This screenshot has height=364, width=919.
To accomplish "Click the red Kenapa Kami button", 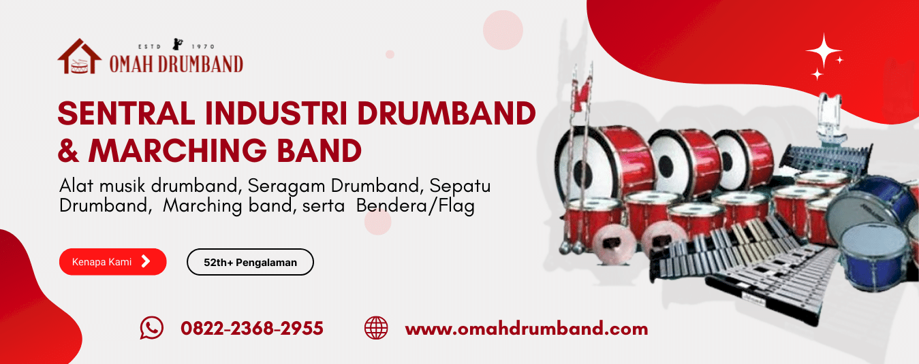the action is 113,261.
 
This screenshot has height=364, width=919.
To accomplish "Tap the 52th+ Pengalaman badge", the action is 250,262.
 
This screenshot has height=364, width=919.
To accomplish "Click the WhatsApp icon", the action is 151,328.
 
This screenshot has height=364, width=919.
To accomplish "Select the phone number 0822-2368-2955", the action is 252,329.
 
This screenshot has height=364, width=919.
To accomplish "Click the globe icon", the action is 376,328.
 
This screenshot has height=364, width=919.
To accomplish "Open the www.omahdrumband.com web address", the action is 527,329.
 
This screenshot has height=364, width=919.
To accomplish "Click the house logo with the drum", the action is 80,56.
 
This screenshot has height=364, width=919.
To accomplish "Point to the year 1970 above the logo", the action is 204,47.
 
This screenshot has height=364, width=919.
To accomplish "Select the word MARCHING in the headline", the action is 178,150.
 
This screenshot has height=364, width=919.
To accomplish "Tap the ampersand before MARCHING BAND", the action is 68,151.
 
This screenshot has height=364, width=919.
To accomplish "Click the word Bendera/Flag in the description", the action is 415,205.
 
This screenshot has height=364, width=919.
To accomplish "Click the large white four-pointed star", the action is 824,51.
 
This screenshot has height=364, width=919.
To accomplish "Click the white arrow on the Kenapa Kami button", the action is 146,261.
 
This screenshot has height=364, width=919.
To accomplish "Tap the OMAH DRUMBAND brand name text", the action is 176,64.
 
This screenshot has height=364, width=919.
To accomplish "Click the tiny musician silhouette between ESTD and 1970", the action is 178,44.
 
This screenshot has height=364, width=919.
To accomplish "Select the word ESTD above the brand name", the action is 149,47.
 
